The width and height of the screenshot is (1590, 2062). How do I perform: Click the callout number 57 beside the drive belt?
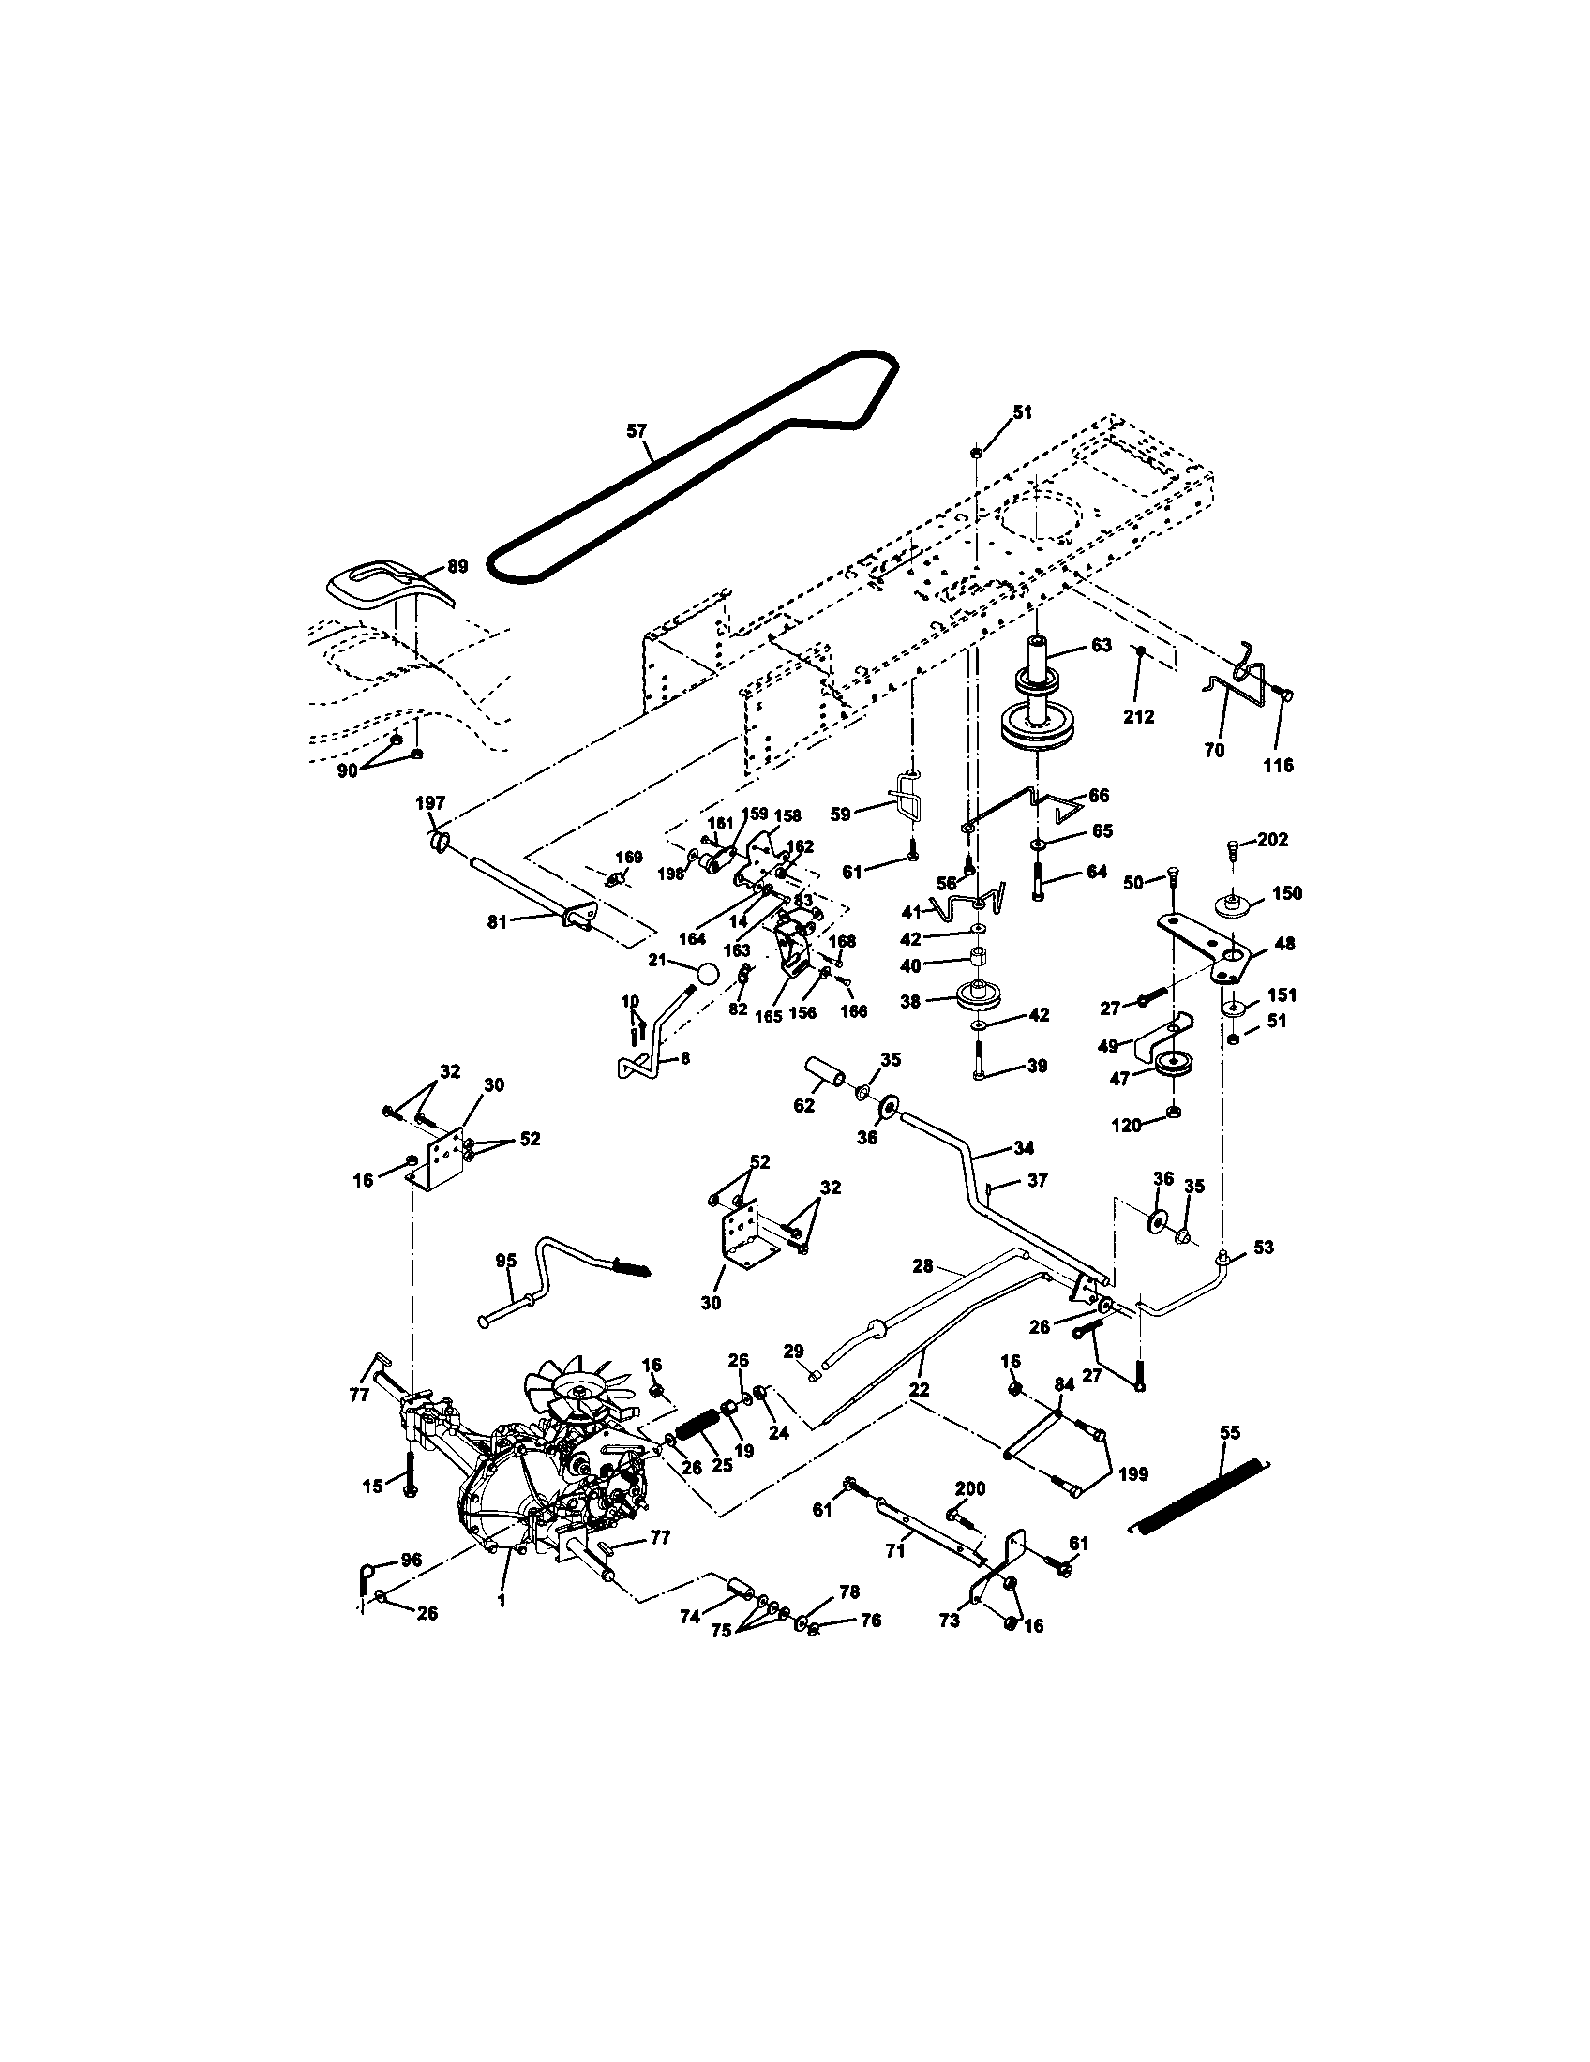click(637, 430)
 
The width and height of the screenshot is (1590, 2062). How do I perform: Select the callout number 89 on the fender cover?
click(457, 566)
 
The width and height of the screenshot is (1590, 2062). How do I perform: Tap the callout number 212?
click(1139, 717)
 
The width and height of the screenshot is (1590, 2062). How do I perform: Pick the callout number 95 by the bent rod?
click(506, 1261)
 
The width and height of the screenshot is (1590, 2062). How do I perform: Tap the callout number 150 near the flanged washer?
click(1286, 893)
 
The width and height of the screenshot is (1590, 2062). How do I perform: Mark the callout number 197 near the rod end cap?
click(430, 802)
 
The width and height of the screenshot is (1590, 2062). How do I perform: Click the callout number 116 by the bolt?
click(1281, 765)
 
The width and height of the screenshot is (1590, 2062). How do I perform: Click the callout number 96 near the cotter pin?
click(411, 1561)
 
